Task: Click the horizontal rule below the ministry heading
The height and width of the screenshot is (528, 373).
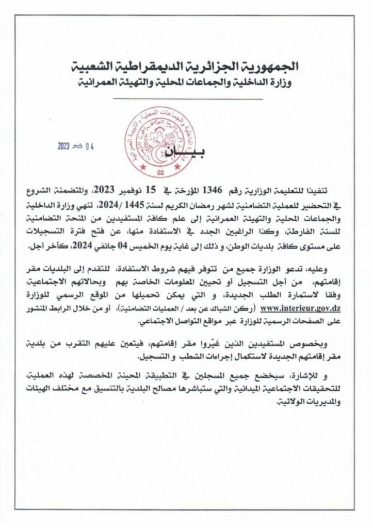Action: (186, 98)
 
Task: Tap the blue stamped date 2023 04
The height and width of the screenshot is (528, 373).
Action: (77, 146)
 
